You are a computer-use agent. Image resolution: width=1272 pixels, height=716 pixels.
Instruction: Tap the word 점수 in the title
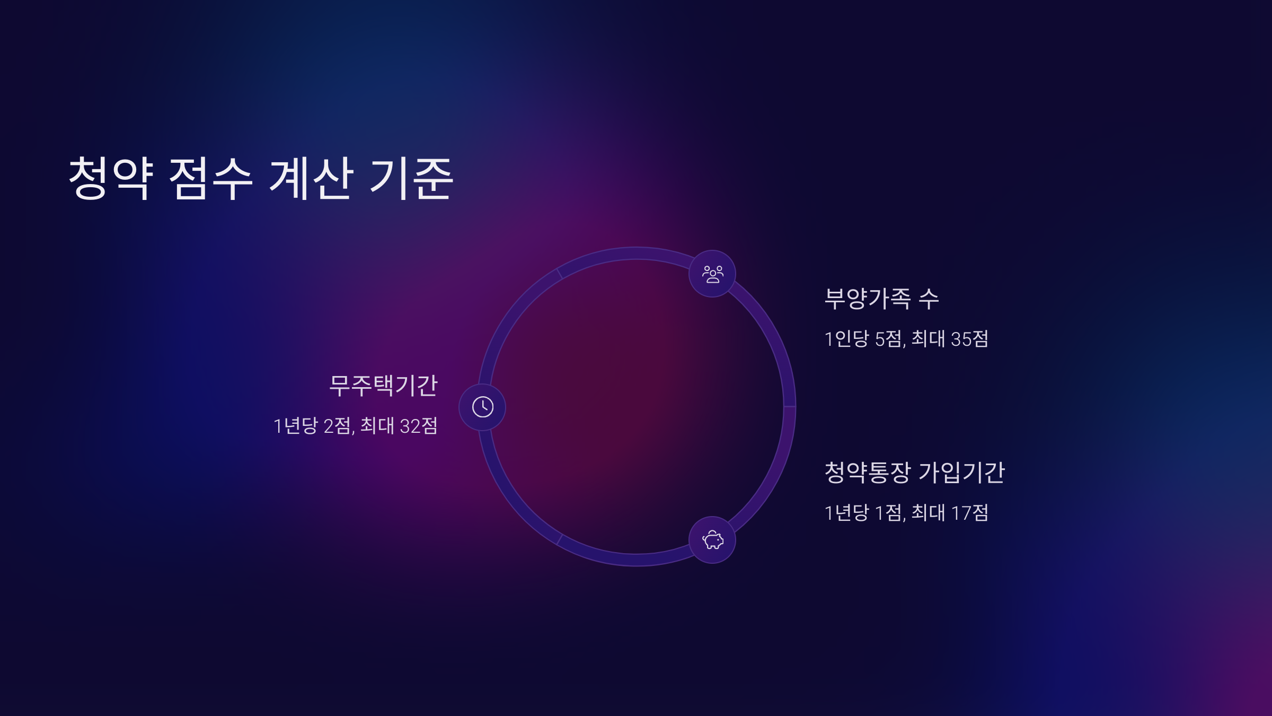pyautogui.click(x=210, y=178)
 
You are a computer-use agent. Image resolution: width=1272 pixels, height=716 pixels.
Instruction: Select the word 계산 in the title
pyautogui.click(x=311, y=178)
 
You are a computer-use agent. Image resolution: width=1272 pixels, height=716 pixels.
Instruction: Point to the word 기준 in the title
pyautogui.click(x=411, y=178)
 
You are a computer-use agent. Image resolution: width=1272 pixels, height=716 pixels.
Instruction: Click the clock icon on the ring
pyautogui.click(x=482, y=407)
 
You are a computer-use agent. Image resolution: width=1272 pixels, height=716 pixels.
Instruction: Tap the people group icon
pyautogui.click(x=712, y=274)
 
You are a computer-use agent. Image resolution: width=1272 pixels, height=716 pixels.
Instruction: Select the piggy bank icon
pyautogui.click(x=712, y=540)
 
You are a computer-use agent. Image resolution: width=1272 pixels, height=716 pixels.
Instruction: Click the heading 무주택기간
pyautogui.click(x=383, y=386)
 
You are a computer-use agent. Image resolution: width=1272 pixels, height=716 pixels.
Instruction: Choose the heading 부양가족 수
pyautogui.click(x=881, y=299)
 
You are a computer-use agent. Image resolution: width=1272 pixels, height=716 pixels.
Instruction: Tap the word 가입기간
pyautogui.click(x=961, y=473)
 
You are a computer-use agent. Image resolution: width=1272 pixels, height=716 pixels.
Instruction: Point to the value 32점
pyautogui.click(x=419, y=426)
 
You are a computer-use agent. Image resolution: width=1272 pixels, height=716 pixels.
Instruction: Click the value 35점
pyautogui.click(x=969, y=339)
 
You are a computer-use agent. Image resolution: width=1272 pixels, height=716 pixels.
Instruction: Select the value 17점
pyautogui.click(x=969, y=513)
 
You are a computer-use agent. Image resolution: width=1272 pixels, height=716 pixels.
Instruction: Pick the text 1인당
pyautogui.click(x=846, y=339)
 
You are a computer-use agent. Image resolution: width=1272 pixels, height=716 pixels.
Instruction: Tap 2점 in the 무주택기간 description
pyautogui.click(x=337, y=426)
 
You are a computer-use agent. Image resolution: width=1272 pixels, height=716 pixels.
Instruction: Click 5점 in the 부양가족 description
pyautogui.click(x=889, y=339)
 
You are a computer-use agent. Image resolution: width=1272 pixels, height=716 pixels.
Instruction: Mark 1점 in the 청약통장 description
pyautogui.click(x=889, y=513)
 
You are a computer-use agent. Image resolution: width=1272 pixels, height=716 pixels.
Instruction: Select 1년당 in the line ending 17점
pyautogui.click(x=846, y=513)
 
